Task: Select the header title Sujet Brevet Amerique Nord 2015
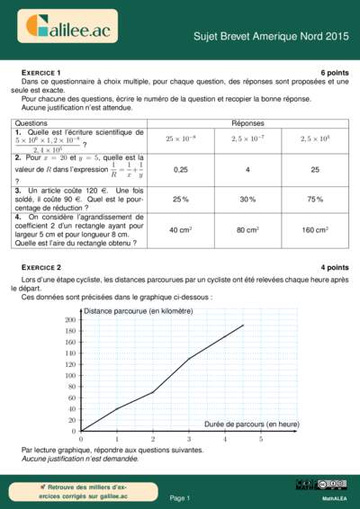pyautogui.click(x=271, y=37)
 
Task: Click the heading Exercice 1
pyautogui.click(x=41, y=71)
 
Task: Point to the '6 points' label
pyautogui.click(x=334, y=71)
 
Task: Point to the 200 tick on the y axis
pyautogui.click(x=70, y=319)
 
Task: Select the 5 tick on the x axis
pyautogui.click(x=261, y=439)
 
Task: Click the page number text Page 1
pyautogui.click(x=180, y=497)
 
